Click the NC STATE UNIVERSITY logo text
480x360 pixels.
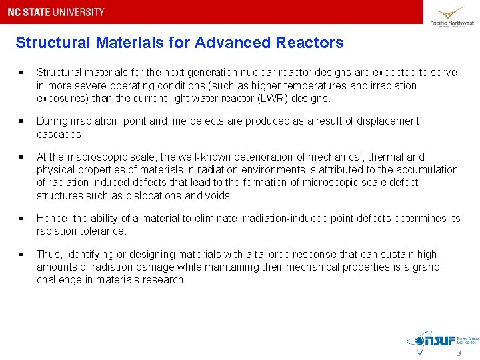click(56, 12)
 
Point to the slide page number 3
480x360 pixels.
click(459, 353)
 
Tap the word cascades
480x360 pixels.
click(60, 134)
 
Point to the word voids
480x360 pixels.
click(217, 195)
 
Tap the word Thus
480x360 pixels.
click(49, 254)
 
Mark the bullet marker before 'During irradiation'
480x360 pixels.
click(22, 121)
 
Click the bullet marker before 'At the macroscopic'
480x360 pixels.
click(22, 157)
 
